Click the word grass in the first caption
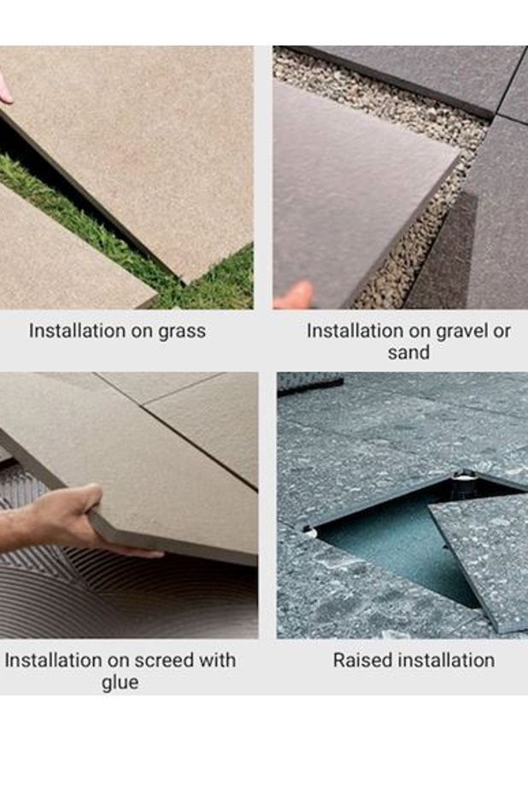182,332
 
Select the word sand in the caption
408,353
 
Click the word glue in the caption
120,683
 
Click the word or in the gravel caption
502,332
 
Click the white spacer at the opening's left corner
309,531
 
